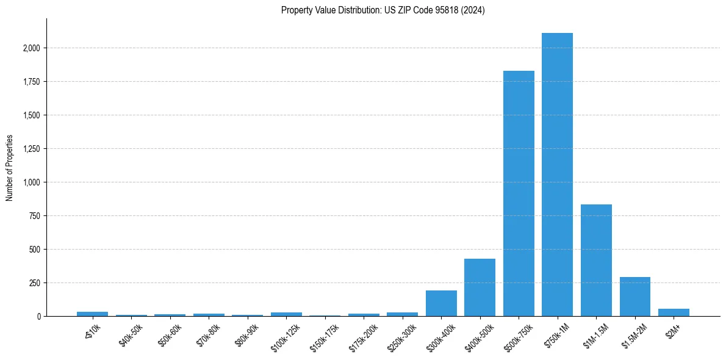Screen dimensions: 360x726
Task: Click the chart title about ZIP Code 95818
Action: [383, 10]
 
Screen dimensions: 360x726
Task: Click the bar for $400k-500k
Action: [480, 287]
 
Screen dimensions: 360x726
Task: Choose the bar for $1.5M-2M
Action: [634, 297]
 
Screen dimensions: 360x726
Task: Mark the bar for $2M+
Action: [674, 312]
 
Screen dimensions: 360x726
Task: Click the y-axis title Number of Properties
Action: [9, 167]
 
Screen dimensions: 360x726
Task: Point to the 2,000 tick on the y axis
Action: [32, 48]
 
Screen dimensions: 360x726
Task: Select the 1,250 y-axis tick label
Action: [32, 149]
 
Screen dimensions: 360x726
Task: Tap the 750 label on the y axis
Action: [35, 216]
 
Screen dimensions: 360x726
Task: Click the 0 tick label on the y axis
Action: [38, 317]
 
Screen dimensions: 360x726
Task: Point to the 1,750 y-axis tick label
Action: [32, 82]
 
